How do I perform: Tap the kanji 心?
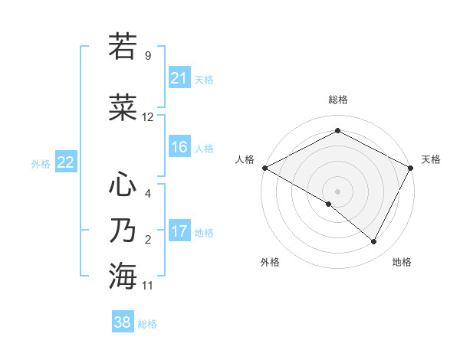123,184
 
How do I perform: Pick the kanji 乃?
123,231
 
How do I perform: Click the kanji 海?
123,276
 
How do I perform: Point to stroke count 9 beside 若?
147,56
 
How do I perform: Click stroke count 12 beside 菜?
148,117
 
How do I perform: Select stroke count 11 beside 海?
148,286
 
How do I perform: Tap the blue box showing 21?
179,78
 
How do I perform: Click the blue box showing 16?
179,147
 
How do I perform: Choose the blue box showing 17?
179,231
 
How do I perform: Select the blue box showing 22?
65,162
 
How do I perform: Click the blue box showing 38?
123,323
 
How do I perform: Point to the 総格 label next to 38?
147,324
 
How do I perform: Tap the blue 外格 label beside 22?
40,163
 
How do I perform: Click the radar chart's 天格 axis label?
431,159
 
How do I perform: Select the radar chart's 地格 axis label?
402,262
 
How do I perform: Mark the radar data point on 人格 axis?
264,168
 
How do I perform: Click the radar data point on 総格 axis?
337,131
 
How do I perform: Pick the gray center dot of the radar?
337,191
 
